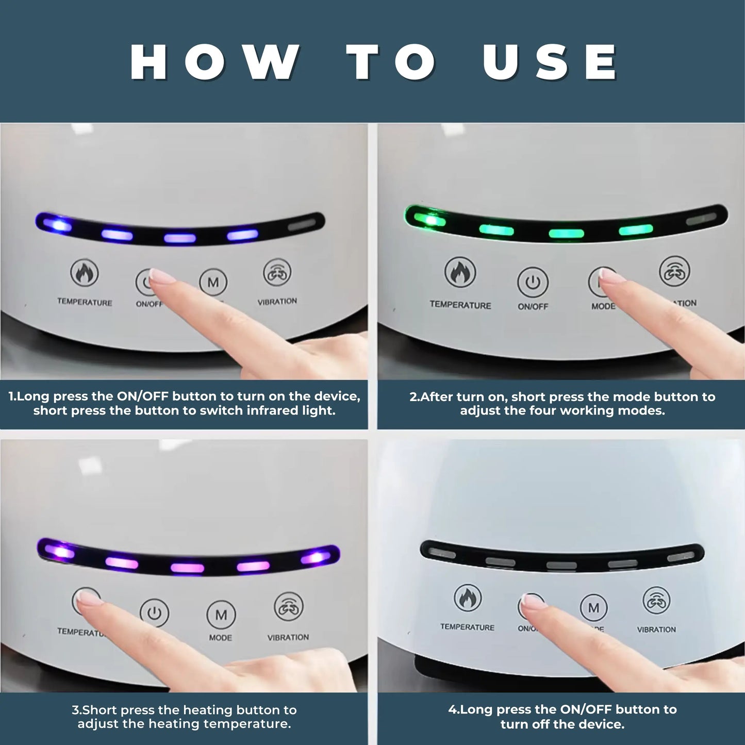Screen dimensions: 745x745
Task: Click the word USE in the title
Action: click(x=551, y=62)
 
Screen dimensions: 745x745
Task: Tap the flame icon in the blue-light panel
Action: click(x=84, y=273)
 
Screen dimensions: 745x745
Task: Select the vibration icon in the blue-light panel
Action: click(x=277, y=273)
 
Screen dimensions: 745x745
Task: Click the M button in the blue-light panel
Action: click(x=213, y=282)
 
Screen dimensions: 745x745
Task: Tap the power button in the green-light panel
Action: click(x=533, y=282)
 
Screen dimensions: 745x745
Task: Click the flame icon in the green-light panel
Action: click(x=460, y=273)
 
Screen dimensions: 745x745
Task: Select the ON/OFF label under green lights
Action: click(x=533, y=306)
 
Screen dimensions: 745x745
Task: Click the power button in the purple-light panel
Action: click(x=154, y=613)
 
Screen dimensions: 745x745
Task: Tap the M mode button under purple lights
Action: click(x=221, y=615)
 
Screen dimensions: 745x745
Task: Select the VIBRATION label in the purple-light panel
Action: click(x=288, y=637)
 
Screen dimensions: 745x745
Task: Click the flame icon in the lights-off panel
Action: click(x=468, y=598)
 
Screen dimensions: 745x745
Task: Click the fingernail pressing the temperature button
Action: click(x=87, y=598)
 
